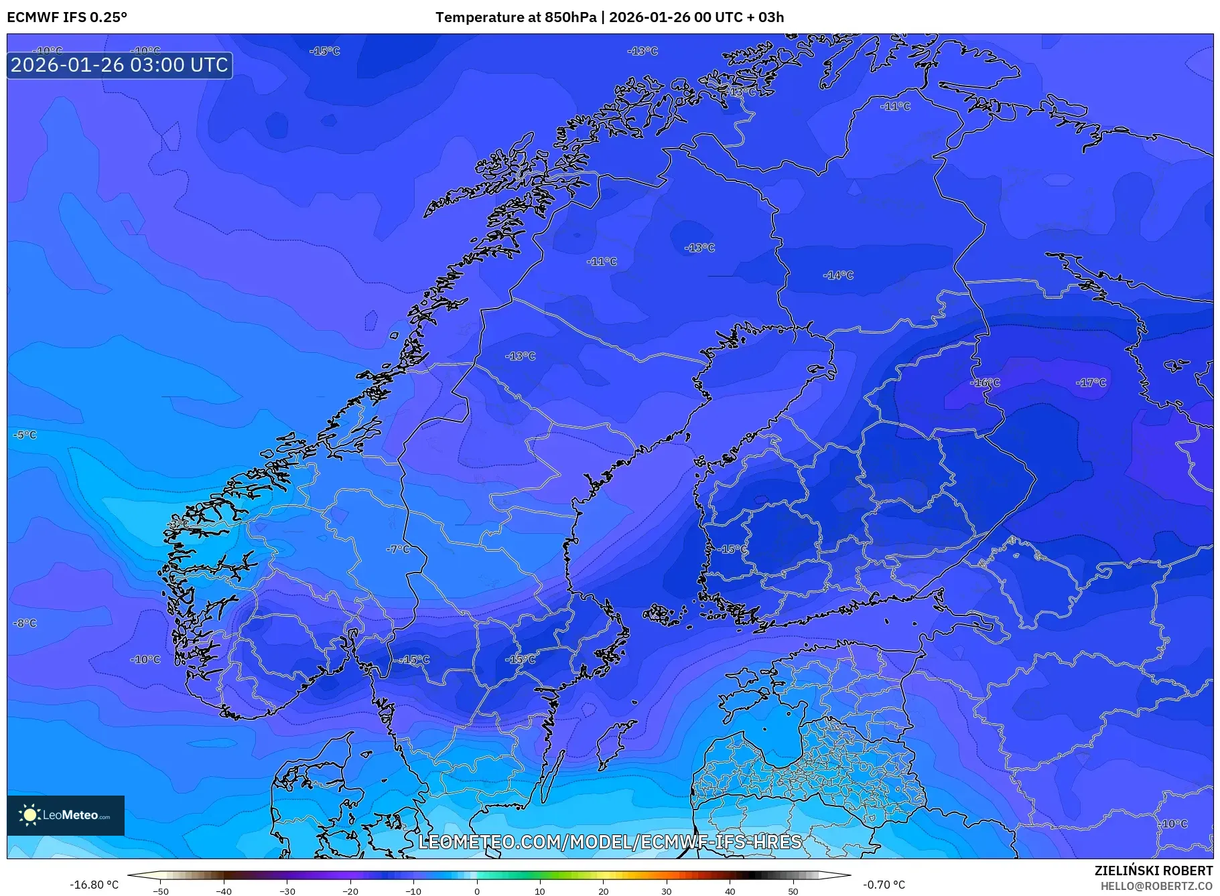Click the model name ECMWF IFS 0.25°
[67, 17]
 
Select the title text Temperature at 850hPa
[515, 17]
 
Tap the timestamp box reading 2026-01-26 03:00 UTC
[120, 65]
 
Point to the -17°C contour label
[1091, 382]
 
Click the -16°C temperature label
[985, 382]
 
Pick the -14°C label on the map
[838, 275]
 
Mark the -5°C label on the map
[25, 435]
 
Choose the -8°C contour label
[25, 623]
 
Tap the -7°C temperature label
[398, 549]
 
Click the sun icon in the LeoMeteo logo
[29, 815]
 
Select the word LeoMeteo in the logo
[70, 815]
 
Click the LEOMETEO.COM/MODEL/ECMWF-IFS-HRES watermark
[610, 842]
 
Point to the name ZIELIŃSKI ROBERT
[1153, 871]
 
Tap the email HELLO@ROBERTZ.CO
[1156, 886]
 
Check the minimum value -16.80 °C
[94, 885]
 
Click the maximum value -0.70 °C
[884, 885]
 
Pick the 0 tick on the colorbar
[477, 891]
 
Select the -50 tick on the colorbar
[161, 891]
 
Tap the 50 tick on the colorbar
[793, 891]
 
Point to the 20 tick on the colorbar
[603, 891]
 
